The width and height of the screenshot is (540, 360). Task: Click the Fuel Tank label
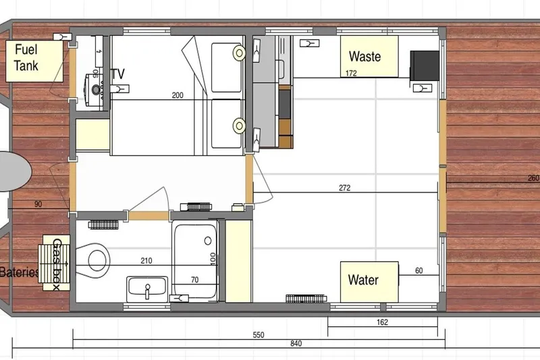tap(26, 58)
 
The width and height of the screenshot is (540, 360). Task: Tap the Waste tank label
tap(364, 57)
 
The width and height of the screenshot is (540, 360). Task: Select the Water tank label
tap(363, 280)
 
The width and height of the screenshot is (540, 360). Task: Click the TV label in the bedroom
tap(119, 74)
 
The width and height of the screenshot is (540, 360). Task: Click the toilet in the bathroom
tap(97, 259)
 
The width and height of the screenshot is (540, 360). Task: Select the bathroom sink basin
tap(146, 288)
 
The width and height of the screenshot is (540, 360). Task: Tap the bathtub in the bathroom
tap(194, 260)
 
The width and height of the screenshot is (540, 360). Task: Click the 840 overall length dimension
tap(296, 344)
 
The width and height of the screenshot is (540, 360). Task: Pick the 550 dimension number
tap(258, 334)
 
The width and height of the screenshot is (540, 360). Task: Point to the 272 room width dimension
tap(344, 188)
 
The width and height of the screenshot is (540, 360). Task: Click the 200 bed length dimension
tap(178, 96)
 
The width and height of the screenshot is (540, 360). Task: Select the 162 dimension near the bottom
tap(382, 322)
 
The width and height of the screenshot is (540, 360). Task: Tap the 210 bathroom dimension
tap(146, 259)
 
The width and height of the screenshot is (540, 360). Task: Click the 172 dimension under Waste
tap(351, 73)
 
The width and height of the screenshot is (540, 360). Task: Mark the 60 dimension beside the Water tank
tap(418, 271)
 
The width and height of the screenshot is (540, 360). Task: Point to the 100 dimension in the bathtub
tap(211, 258)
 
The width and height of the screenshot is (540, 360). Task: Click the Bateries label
tap(18, 273)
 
